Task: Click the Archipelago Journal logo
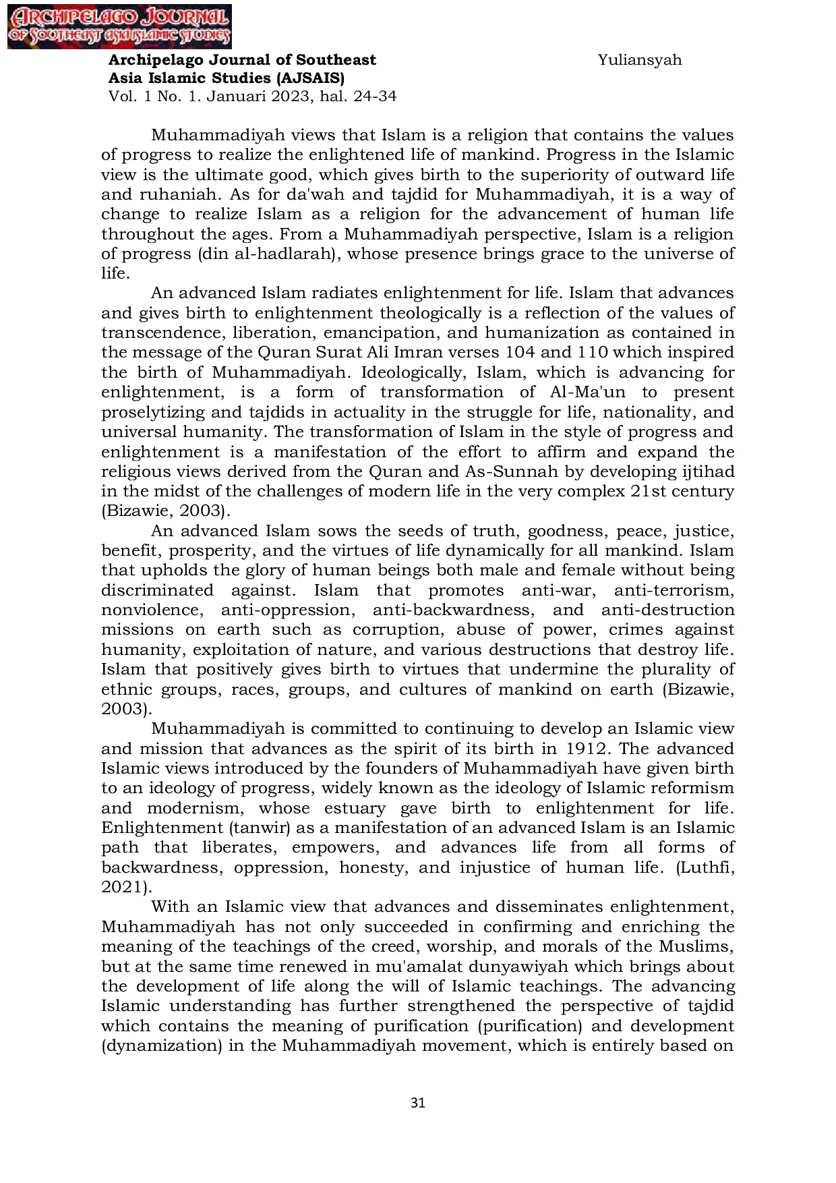point(119,27)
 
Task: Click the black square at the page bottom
point(418,1103)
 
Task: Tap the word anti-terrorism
point(674,590)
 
